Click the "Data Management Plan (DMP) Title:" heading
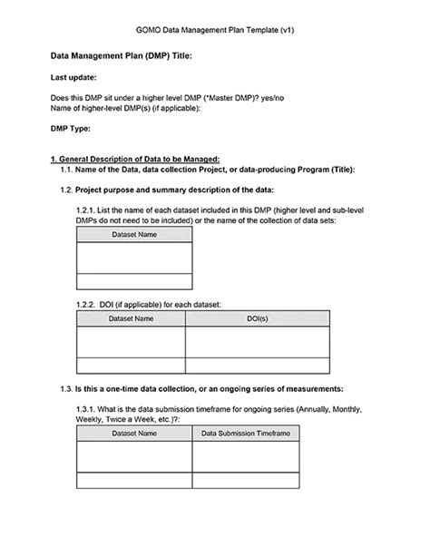click(120, 56)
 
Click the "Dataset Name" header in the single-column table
click(133, 235)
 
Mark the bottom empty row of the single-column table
click(133, 280)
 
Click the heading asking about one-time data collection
click(210, 388)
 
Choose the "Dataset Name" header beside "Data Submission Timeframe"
click(133, 434)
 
